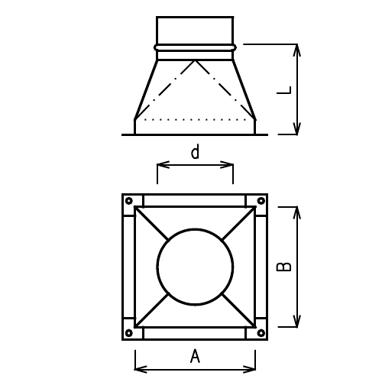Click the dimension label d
[195, 152]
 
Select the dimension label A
[195, 356]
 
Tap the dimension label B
[283, 267]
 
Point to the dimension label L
[283, 90]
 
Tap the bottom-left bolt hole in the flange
[128, 333]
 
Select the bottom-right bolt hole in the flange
[261, 333]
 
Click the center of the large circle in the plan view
[195, 267]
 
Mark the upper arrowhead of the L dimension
[297, 48]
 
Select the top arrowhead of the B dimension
[297, 210]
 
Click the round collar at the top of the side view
[195, 30]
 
